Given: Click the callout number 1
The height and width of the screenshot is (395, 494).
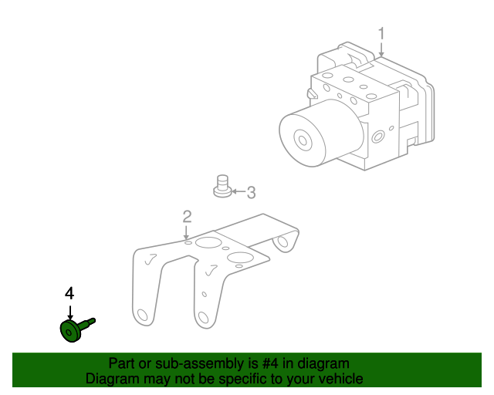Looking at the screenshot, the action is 381,34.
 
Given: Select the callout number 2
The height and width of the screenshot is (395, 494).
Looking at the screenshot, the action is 187,217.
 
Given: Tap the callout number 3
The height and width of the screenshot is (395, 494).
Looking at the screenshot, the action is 251,192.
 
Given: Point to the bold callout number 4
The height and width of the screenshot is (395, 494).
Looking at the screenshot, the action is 69,293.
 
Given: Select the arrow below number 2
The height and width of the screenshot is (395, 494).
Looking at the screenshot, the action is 187,233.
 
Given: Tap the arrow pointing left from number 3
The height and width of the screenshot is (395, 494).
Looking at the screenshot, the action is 239,191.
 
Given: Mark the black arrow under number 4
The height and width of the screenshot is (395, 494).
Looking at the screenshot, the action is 70,313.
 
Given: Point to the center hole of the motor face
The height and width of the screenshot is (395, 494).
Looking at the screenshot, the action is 303,140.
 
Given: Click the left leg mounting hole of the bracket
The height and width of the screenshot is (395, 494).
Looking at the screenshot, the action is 142,316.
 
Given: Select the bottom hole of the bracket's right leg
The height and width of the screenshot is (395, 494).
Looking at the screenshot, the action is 203,318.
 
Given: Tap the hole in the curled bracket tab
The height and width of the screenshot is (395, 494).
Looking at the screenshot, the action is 283,241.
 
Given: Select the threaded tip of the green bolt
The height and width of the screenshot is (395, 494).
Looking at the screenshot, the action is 93,321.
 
